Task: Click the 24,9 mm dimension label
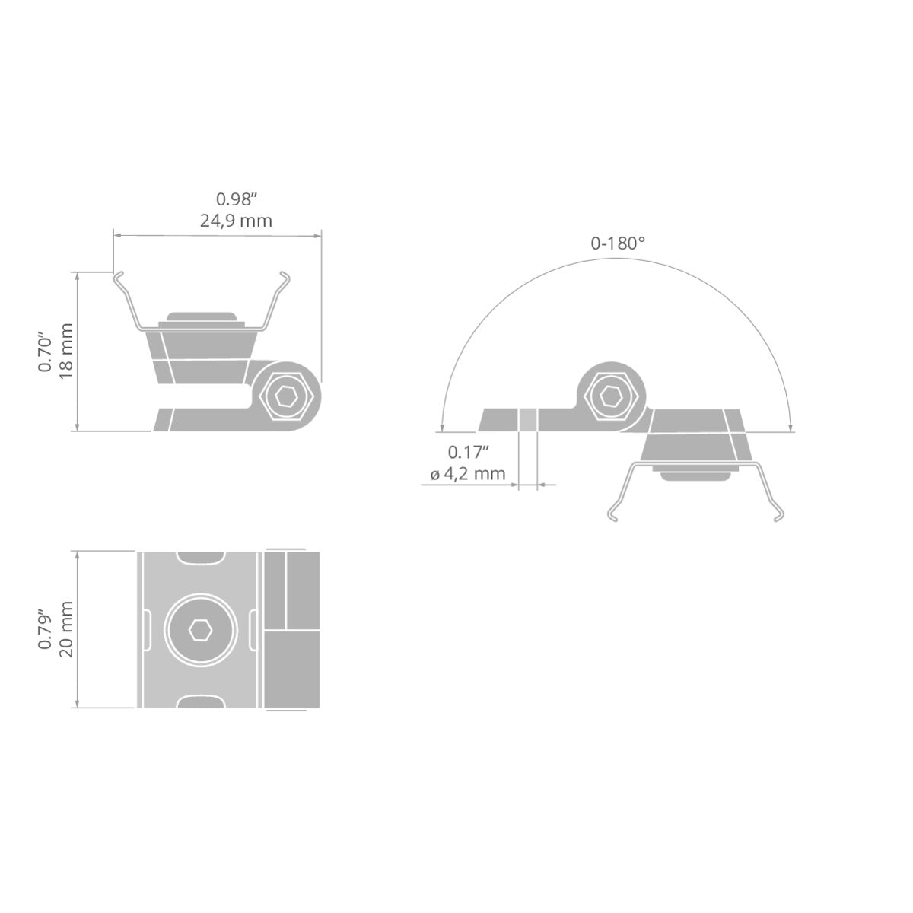236,221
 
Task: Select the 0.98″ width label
236,199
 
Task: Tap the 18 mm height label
66,351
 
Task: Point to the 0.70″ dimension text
46,354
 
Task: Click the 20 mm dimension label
66,628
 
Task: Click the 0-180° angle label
618,243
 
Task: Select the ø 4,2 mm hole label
468,474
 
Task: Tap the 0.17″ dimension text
468,452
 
